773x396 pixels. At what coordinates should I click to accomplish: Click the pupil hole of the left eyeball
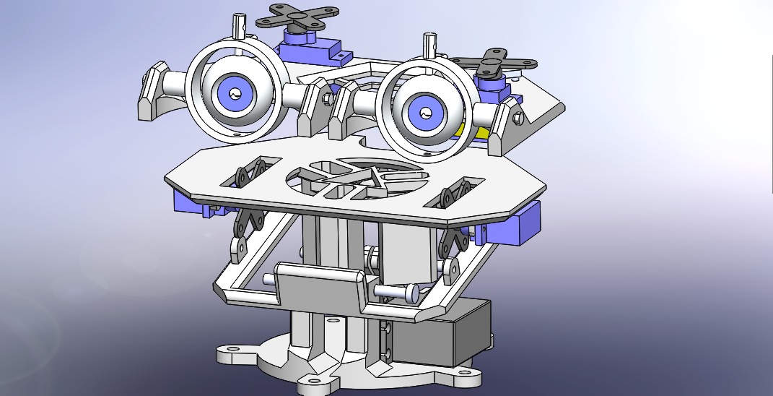point(235,94)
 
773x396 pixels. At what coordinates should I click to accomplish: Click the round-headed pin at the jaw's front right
point(411,293)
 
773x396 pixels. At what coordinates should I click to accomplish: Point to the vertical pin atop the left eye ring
point(238,27)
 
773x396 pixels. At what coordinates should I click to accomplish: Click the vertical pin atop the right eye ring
point(430,45)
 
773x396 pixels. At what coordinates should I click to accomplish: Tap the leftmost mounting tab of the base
point(232,355)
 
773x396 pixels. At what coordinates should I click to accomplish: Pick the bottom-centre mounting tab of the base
point(314,385)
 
